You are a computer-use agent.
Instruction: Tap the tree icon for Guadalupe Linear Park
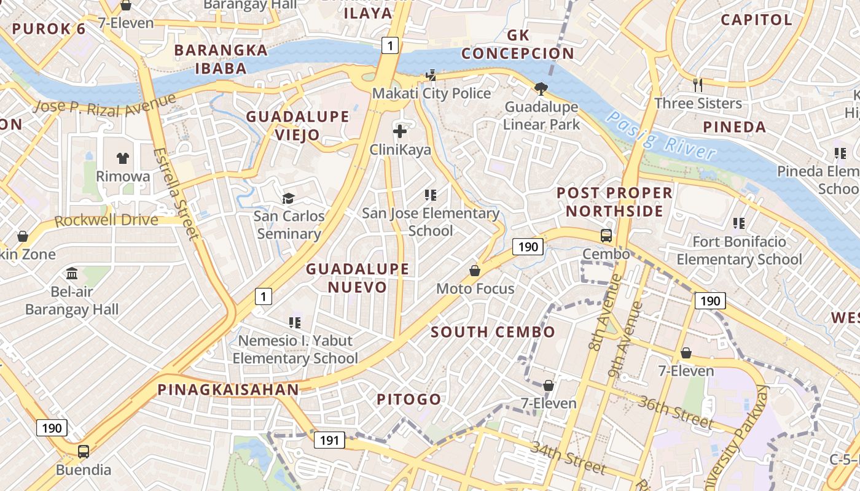pos(541,89)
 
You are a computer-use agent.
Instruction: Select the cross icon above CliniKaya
pos(400,131)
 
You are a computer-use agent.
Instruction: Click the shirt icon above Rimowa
pos(123,158)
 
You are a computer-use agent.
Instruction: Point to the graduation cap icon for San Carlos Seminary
pos(288,198)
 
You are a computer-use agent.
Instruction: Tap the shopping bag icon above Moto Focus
pos(475,270)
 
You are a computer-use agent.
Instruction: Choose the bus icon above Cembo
pos(606,235)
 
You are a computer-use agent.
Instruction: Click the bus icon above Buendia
pos(83,451)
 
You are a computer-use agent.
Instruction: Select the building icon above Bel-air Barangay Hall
pos(72,273)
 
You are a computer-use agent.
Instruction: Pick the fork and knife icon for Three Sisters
pos(697,85)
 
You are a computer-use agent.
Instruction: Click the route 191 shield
pos(329,439)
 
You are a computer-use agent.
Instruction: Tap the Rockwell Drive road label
pos(106,220)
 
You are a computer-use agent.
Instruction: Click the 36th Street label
pos(675,412)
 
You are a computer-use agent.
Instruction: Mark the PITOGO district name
pos(408,400)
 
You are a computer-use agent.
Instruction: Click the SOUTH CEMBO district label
pos(493,332)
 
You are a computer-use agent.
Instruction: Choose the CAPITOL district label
pos(756,20)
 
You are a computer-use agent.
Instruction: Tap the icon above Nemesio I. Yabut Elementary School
pos(295,322)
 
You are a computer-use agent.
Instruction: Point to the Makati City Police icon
pos(431,75)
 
